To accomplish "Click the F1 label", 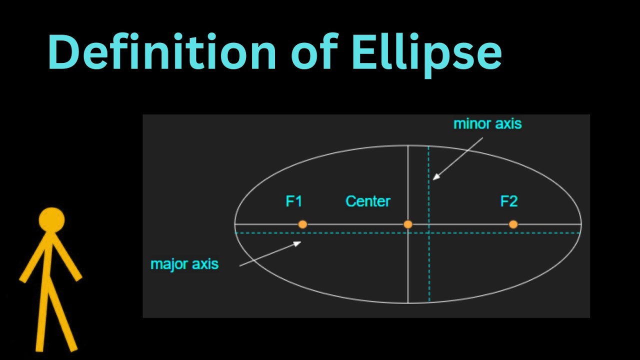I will point(294,201).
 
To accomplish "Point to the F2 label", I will point(508,201).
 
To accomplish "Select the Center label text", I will point(367,201).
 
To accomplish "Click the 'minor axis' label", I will point(487,123).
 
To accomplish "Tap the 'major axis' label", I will point(184,263).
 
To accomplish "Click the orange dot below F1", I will point(302,224).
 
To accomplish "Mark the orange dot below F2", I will point(513,224).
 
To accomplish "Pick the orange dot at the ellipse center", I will point(408,224).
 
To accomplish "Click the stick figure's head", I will point(51,220).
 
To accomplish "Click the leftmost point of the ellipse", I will point(235,224).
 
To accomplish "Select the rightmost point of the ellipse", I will point(581,224).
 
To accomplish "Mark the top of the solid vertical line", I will point(408,145).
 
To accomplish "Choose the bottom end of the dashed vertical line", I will point(429,301).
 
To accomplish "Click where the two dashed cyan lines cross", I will point(429,233).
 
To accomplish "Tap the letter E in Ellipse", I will point(363,52).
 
